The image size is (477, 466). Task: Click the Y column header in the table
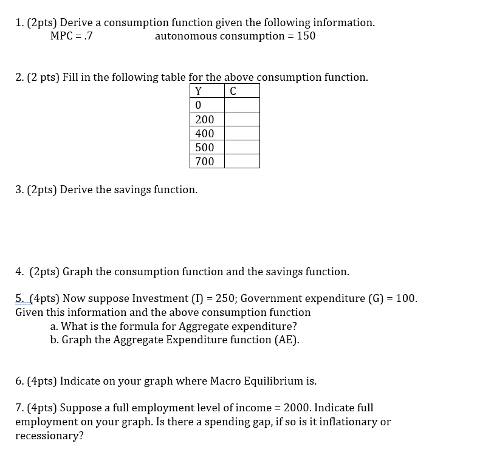point(198,91)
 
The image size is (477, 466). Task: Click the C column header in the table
point(233,91)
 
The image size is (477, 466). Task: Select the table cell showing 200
point(205,120)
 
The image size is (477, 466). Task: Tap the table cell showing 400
point(205,133)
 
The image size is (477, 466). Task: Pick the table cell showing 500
point(205,147)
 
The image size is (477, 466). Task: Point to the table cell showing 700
point(205,161)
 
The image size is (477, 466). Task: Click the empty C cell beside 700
point(242,161)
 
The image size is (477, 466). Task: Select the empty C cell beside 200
point(242,120)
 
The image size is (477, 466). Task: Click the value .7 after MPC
point(88,36)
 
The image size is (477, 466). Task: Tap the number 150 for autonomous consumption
point(306,36)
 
